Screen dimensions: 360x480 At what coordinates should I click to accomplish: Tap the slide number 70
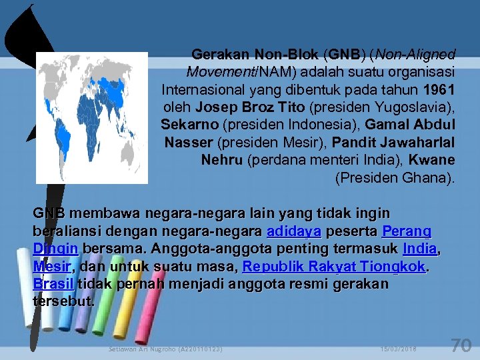(x=461, y=345)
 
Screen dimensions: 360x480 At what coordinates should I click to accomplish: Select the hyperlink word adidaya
(x=293, y=231)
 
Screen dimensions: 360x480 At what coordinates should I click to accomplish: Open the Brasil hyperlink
(x=54, y=284)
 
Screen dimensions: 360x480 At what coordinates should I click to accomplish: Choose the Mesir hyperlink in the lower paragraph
(x=51, y=267)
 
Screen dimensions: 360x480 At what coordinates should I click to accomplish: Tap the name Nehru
(x=222, y=160)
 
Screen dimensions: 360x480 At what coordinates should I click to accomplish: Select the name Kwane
(x=431, y=160)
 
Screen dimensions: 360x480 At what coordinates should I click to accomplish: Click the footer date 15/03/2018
(x=399, y=349)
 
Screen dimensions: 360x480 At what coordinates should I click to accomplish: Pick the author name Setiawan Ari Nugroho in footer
(x=165, y=349)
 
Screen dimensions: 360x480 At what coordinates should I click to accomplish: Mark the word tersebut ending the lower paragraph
(x=63, y=301)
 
